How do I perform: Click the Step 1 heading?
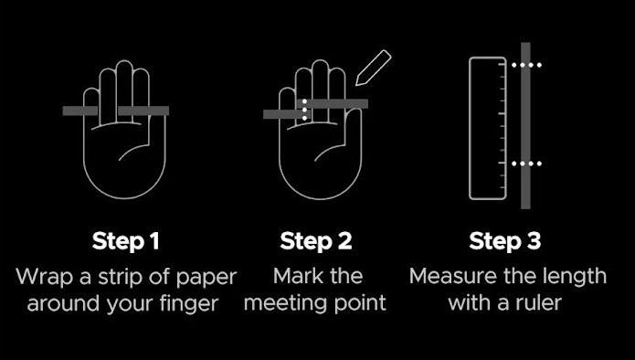click(x=125, y=241)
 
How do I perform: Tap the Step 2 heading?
click(x=316, y=241)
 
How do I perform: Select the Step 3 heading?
click(x=504, y=241)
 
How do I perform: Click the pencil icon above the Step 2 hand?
click(x=373, y=68)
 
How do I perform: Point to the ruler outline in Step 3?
click(x=470, y=128)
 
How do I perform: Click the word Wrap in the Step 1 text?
click(x=45, y=278)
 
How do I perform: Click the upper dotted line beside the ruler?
click(x=526, y=65)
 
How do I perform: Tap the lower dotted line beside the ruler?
click(x=526, y=164)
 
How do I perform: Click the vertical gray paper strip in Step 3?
click(x=525, y=125)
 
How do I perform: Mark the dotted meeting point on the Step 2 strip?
click(x=304, y=110)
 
